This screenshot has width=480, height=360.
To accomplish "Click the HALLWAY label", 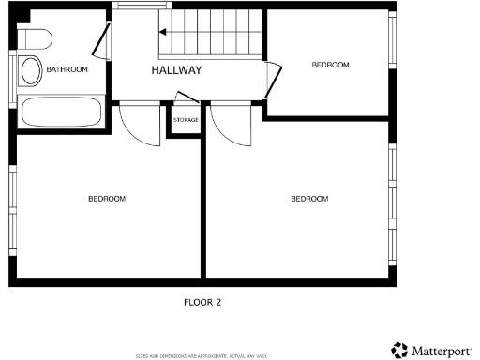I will pyautogui.click(x=176, y=70).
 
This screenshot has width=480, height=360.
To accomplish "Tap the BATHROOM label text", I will pyautogui.click(x=67, y=69).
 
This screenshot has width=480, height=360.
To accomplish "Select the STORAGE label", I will pyautogui.click(x=186, y=120).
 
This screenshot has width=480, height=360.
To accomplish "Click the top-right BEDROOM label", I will pyautogui.click(x=330, y=65).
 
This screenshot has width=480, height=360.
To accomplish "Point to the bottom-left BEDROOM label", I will pyautogui.click(x=107, y=199).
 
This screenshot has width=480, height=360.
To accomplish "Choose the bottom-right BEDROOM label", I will pyautogui.click(x=309, y=199).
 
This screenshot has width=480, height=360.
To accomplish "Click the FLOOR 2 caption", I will pyautogui.click(x=202, y=302).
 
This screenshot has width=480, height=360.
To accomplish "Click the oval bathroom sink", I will pyautogui.click(x=31, y=69).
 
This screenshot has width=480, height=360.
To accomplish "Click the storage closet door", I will pyautogui.click(x=186, y=98).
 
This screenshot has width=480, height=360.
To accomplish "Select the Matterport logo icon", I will pyautogui.click(x=399, y=350).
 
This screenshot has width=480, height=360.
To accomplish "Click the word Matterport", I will pyautogui.click(x=442, y=351).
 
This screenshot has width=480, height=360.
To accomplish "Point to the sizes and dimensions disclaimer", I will pyautogui.click(x=202, y=356).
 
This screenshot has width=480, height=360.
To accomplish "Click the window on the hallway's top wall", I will pyautogui.click(x=135, y=6).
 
